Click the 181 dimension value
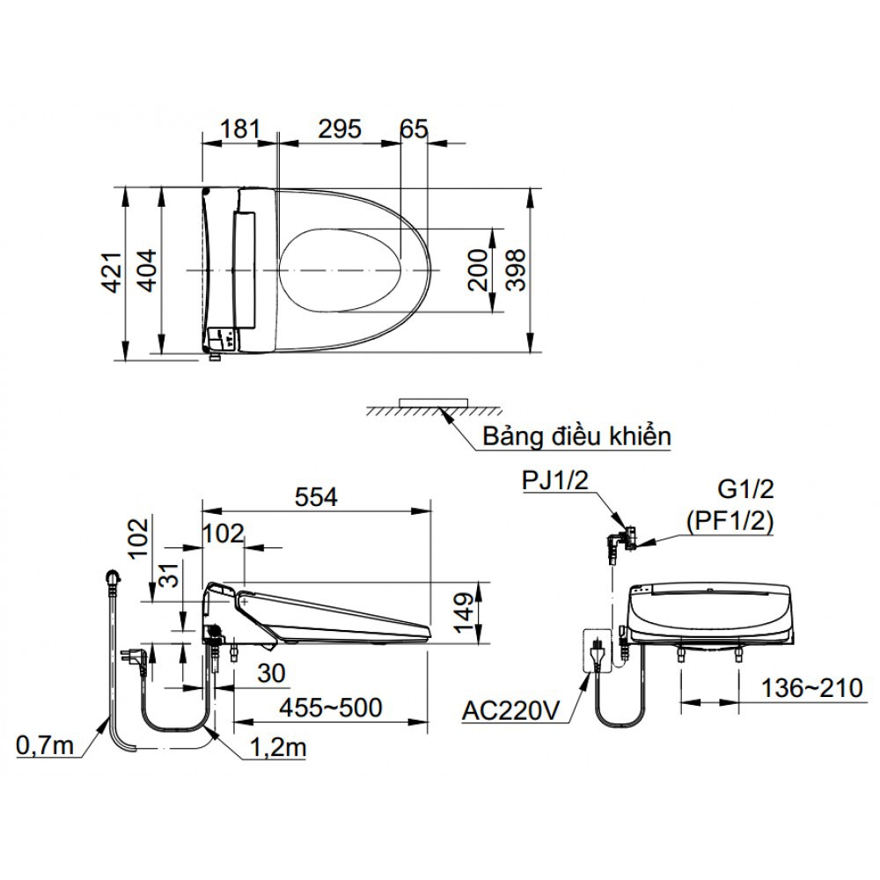239,128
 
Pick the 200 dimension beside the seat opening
476,269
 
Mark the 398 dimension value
517,269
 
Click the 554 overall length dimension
316,497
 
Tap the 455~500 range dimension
330,706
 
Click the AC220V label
511,709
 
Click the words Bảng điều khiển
576,436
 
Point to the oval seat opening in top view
343,269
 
